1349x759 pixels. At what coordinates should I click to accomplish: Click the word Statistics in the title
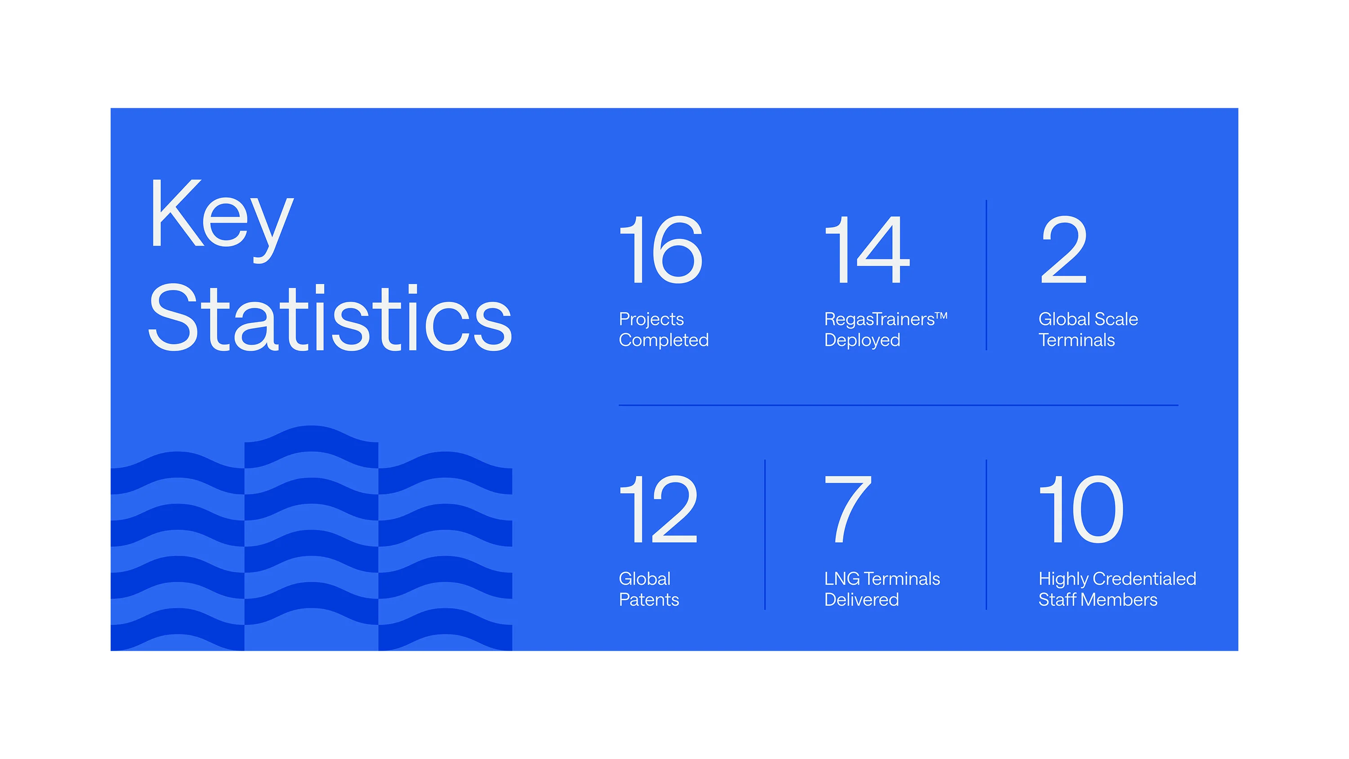pos(330,317)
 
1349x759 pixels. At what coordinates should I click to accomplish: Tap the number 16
pos(661,250)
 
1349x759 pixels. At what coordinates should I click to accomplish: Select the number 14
pos(867,250)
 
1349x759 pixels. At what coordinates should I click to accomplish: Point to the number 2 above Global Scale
pos(1063,250)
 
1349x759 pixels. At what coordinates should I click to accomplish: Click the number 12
pos(659,509)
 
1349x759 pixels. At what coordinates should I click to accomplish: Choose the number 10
pos(1082,509)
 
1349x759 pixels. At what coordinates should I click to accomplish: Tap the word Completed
pos(664,340)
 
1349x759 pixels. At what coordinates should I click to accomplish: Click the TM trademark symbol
pos(942,316)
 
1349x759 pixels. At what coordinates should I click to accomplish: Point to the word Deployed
pos(862,340)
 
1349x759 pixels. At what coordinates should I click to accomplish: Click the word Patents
pos(649,600)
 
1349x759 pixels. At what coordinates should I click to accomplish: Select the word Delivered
pos(862,600)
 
